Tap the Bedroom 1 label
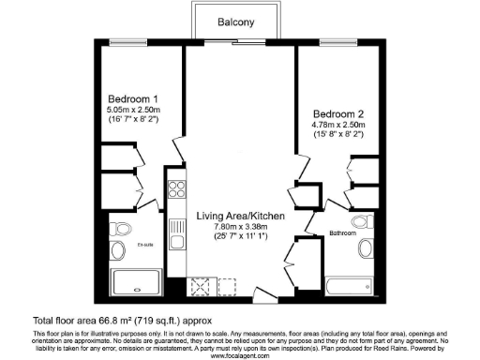pyautogui.click(x=132, y=99)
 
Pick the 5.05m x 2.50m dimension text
pyautogui.click(x=132, y=111)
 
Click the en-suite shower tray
pyautogui.click(x=137, y=282)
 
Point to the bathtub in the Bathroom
pyautogui.click(x=348, y=286)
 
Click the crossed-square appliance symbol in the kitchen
pyautogui.click(x=199, y=287)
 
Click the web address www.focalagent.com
pyautogui.click(x=240, y=355)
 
